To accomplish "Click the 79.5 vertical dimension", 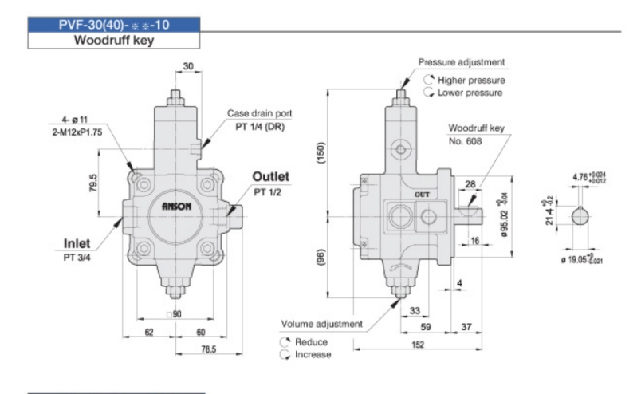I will point(93,183).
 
